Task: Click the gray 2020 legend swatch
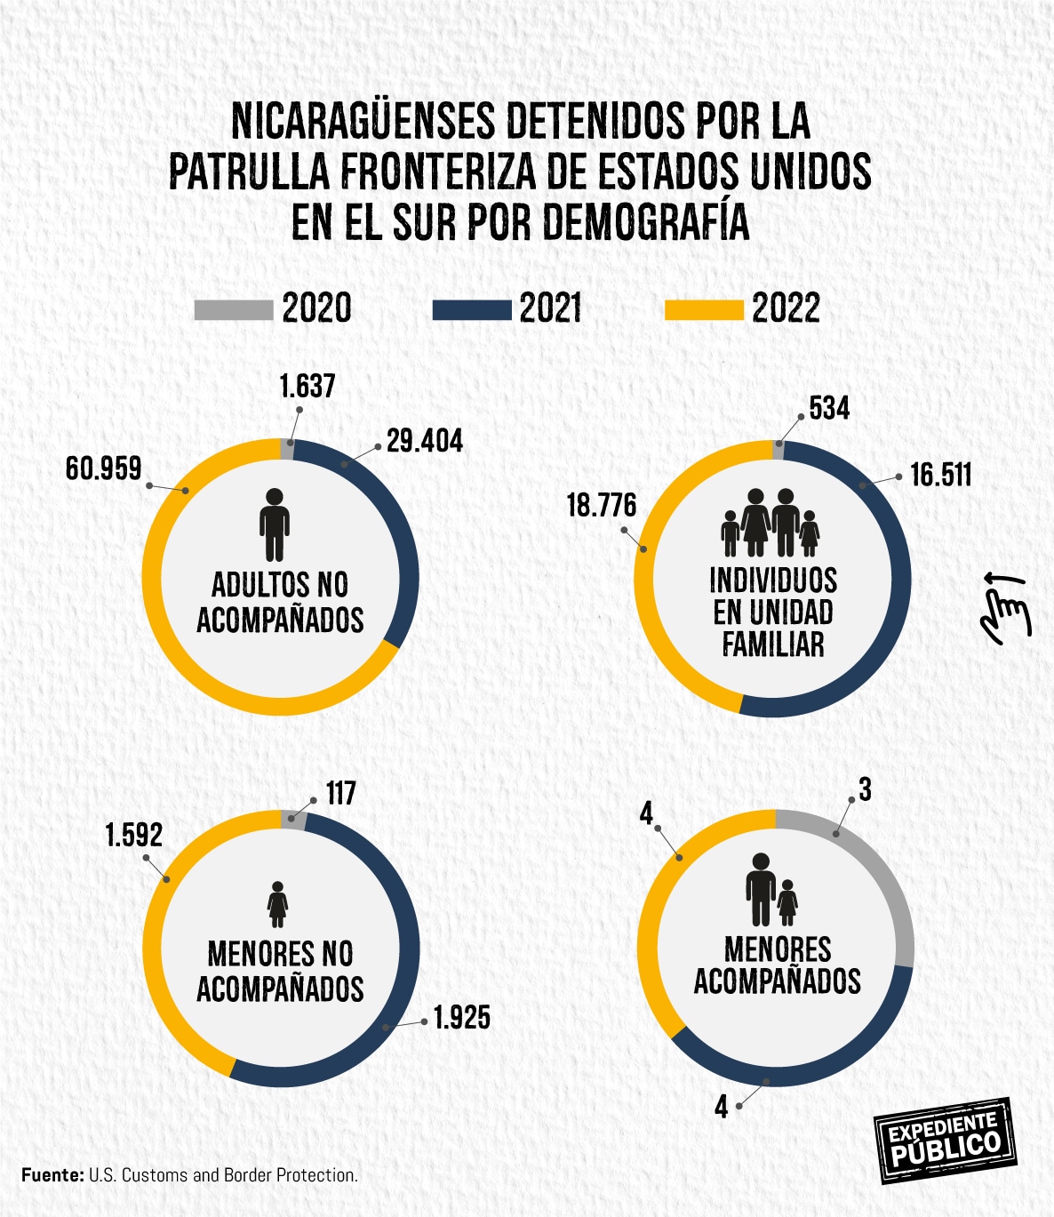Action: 234,310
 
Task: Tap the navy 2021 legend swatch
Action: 471,310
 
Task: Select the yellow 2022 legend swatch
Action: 704,310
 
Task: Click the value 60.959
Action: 103,468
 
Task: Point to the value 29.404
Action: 425,442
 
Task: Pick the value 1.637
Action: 307,387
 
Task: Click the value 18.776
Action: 602,506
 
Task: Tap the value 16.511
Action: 940,475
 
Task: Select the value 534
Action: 829,409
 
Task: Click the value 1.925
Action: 461,1018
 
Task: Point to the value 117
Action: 340,793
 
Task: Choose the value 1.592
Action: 134,836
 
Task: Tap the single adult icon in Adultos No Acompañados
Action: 275,524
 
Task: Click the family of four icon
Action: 770,524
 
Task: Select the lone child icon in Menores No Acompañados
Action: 278,905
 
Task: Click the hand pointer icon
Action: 1005,607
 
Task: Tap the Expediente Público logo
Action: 945,1141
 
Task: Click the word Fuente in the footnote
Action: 52,1175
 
